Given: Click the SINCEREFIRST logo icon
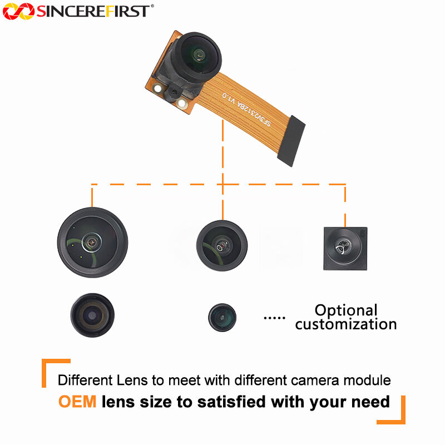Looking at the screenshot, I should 19,11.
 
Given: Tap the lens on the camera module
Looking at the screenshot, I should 197,54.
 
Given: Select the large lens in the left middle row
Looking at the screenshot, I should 92,242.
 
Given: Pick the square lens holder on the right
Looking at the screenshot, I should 345,249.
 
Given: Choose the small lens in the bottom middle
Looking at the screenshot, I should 222,318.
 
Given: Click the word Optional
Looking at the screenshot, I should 346,310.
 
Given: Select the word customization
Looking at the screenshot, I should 346,324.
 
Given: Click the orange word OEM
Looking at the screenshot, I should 77,402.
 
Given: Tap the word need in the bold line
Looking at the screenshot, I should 370,402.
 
